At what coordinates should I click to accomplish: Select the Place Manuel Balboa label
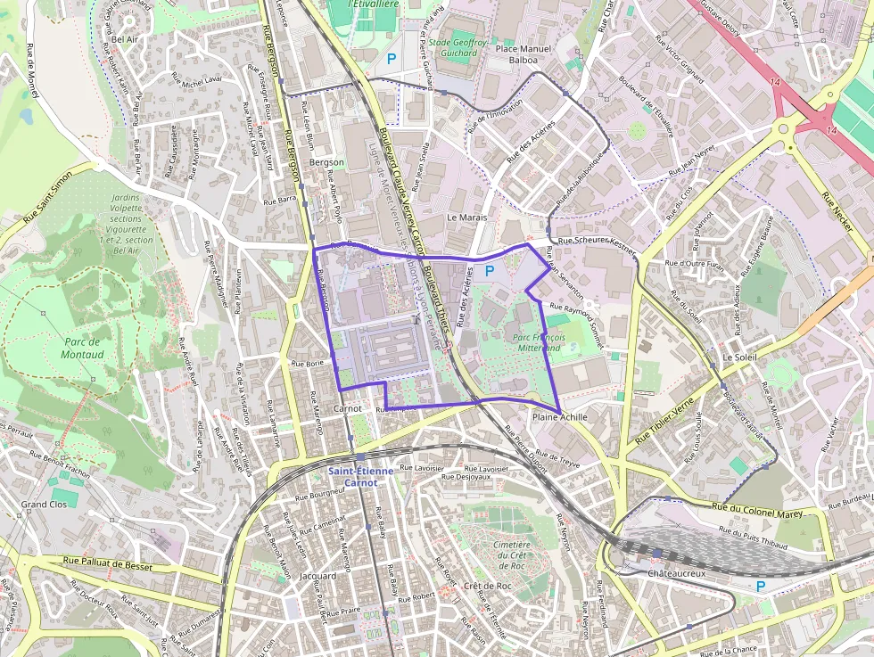click(x=524, y=53)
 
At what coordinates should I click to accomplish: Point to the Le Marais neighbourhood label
click(x=464, y=217)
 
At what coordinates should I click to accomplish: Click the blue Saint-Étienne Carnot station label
click(x=353, y=476)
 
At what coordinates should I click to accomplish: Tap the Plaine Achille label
click(x=559, y=417)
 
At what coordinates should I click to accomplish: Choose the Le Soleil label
click(x=738, y=357)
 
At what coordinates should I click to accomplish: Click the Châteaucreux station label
click(x=676, y=573)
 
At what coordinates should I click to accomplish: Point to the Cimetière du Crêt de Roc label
click(x=511, y=555)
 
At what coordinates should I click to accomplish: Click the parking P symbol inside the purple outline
click(x=489, y=269)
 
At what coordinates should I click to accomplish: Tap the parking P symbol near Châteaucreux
click(x=760, y=586)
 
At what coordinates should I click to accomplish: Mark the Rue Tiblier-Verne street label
click(x=664, y=423)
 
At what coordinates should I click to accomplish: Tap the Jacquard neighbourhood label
click(x=318, y=576)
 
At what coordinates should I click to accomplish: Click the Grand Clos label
click(x=44, y=505)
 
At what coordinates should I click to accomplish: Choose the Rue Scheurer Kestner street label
click(x=597, y=244)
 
